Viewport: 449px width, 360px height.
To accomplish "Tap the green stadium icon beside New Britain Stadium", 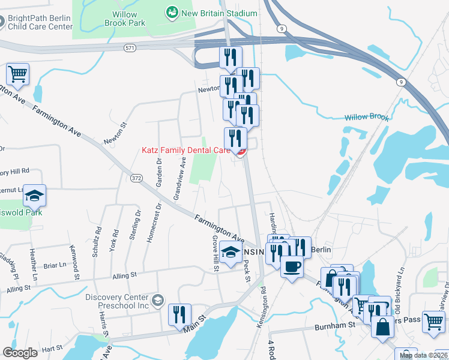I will [172, 12].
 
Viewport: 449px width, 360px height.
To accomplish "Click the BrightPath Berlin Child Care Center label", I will [40, 22].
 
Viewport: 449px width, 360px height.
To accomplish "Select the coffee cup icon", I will [292, 265].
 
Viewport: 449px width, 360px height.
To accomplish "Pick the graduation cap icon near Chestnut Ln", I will [35, 196].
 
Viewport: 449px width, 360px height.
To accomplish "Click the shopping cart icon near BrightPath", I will [18, 74].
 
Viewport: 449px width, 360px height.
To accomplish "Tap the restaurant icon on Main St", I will [179, 314].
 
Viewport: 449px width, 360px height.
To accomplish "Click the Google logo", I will [20, 353].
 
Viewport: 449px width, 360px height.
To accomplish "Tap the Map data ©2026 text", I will [423, 356].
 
